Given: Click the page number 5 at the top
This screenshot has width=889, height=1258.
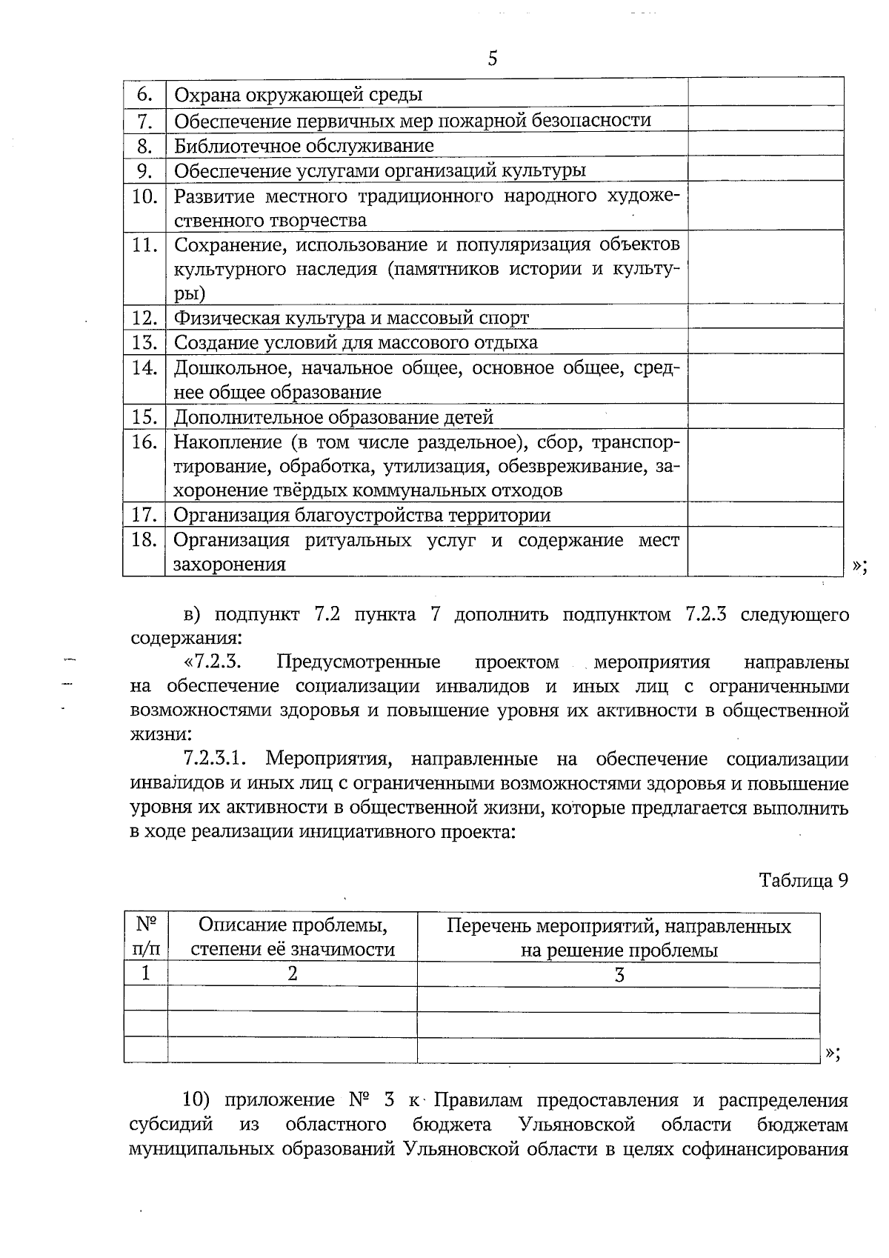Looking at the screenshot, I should (x=493, y=59).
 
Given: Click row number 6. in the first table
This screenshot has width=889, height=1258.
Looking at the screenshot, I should (x=144, y=94).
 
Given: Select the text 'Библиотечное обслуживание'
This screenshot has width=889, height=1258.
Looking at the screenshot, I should (x=304, y=145).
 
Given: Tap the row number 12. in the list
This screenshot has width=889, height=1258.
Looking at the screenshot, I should (x=144, y=318).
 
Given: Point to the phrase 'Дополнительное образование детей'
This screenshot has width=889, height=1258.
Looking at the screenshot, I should (x=333, y=417).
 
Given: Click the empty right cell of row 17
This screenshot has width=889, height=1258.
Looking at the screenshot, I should (x=765, y=514).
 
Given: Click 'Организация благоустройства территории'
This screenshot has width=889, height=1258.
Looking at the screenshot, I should (x=362, y=515).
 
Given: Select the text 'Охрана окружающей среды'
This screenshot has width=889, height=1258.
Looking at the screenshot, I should (x=298, y=95).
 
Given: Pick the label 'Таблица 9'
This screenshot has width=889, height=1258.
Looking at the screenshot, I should (x=803, y=880).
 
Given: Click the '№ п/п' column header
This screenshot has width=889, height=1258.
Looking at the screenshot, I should (x=146, y=937).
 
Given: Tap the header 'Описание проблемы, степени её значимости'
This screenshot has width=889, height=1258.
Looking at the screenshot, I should (x=293, y=937).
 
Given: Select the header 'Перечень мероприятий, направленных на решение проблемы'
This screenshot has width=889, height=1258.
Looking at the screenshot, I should (x=619, y=937).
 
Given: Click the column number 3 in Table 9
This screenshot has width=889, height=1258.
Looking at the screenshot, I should (x=619, y=975).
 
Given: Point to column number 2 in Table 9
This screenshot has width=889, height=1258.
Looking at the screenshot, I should (x=293, y=974).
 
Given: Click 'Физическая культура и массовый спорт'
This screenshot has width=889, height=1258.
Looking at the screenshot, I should (x=351, y=318).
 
